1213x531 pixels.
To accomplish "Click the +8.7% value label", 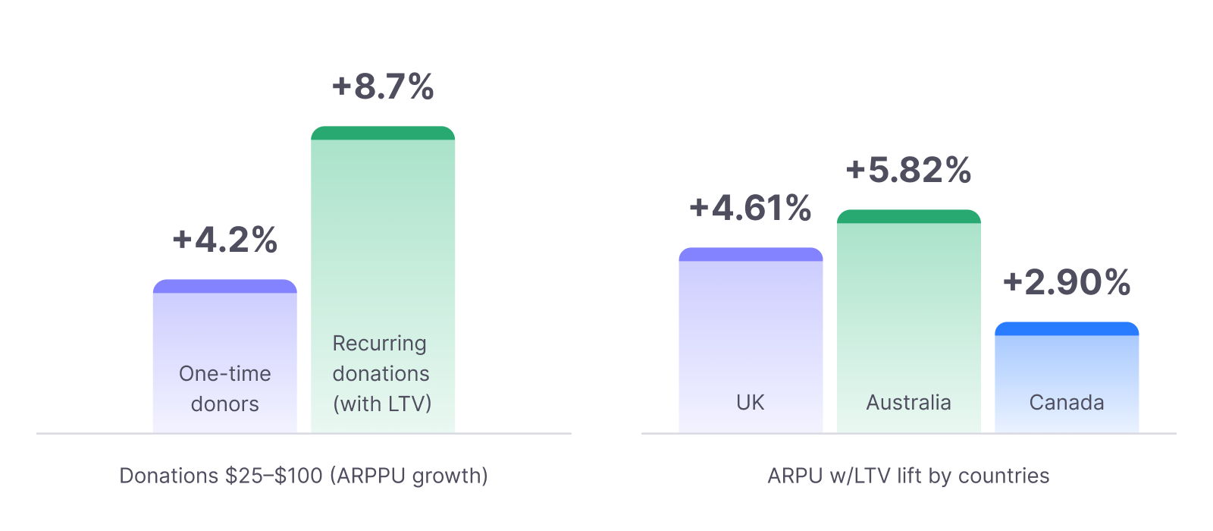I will [383, 86].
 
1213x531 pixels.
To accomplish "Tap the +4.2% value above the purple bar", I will [225, 240].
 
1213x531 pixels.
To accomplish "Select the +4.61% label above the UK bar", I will [751, 208].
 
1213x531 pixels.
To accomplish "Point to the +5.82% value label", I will [908, 170].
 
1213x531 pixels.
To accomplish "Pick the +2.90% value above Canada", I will [1067, 282].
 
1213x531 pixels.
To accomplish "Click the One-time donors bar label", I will [225, 388].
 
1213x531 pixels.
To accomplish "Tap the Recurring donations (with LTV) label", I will [381, 373].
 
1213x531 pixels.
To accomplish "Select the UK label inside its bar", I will [751, 402].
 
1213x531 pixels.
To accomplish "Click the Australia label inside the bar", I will [908, 402].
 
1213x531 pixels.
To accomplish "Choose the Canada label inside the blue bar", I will [1067, 402].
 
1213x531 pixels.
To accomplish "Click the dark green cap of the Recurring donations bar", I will [383, 134].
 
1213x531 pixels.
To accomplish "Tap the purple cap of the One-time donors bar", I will [225, 287].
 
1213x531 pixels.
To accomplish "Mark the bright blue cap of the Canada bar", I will [1067, 329].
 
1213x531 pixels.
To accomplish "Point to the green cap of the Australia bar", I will [908, 217].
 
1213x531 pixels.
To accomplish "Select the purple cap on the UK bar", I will [751, 255].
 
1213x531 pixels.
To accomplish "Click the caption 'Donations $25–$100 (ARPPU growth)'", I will [303, 476].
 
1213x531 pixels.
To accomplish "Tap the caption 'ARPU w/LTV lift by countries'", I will [908, 476].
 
